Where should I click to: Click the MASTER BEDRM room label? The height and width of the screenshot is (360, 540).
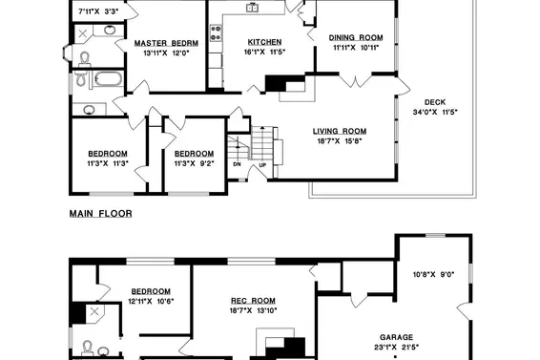pos(166,43)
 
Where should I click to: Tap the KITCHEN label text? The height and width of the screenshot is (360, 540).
pos(265,42)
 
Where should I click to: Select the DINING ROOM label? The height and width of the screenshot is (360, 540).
pos(356,37)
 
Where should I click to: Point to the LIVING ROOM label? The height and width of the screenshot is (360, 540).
pos(340,131)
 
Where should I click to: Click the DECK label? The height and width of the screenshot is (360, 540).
pos(435,102)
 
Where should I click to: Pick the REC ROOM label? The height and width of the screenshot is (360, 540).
pos(253,301)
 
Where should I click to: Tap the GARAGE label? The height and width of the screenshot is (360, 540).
pos(396,337)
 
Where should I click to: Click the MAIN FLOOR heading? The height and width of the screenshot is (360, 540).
pos(101,214)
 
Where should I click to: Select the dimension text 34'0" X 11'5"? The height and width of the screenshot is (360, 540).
pos(435,112)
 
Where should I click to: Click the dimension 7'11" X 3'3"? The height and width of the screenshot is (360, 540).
pos(98,11)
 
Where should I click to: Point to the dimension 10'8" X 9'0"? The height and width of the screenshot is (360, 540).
pos(433,274)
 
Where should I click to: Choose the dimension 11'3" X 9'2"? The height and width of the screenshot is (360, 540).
pos(195,163)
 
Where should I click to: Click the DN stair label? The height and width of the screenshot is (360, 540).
pos(237,164)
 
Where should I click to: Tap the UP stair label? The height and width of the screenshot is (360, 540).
pos(262,165)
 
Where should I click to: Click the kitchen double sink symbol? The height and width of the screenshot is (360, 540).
pos(253,8)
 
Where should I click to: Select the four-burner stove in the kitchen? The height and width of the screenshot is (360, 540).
pos(216,32)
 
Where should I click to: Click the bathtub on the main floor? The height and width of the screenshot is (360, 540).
pos(108,79)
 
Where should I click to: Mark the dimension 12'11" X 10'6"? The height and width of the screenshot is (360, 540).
pos(151,301)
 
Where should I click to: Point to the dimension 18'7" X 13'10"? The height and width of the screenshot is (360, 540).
pos(253,310)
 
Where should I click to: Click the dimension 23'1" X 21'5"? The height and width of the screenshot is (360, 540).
pos(396,348)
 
